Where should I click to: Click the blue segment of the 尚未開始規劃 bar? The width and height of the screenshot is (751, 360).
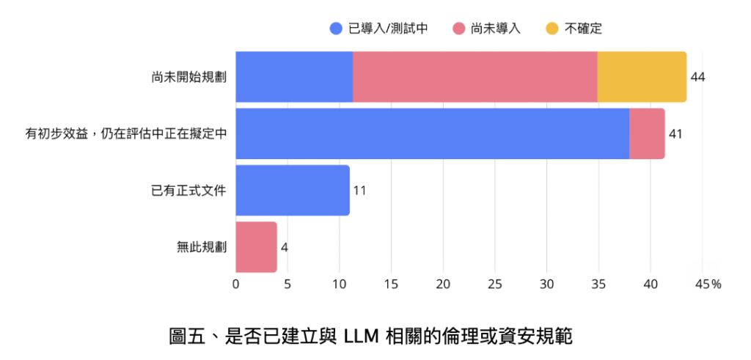[294, 76]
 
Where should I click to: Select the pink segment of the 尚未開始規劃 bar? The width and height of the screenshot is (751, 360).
[475, 76]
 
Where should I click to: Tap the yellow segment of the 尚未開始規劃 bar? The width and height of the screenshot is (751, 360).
[642, 76]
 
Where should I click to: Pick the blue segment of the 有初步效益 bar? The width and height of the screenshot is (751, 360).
[432, 133]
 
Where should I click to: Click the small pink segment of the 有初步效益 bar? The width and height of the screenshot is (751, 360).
[647, 133]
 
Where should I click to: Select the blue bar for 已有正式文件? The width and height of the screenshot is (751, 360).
[293, 190]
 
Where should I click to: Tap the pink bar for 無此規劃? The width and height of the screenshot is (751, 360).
[256, 246]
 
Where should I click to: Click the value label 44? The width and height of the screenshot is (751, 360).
[697, 77]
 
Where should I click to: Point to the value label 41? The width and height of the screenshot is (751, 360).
[675, 134]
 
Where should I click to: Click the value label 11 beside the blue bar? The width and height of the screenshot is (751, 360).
[359, 191]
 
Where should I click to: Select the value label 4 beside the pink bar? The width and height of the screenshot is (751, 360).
[284, 247]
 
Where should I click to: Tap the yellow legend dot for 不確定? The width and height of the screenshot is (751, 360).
[552, 29]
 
